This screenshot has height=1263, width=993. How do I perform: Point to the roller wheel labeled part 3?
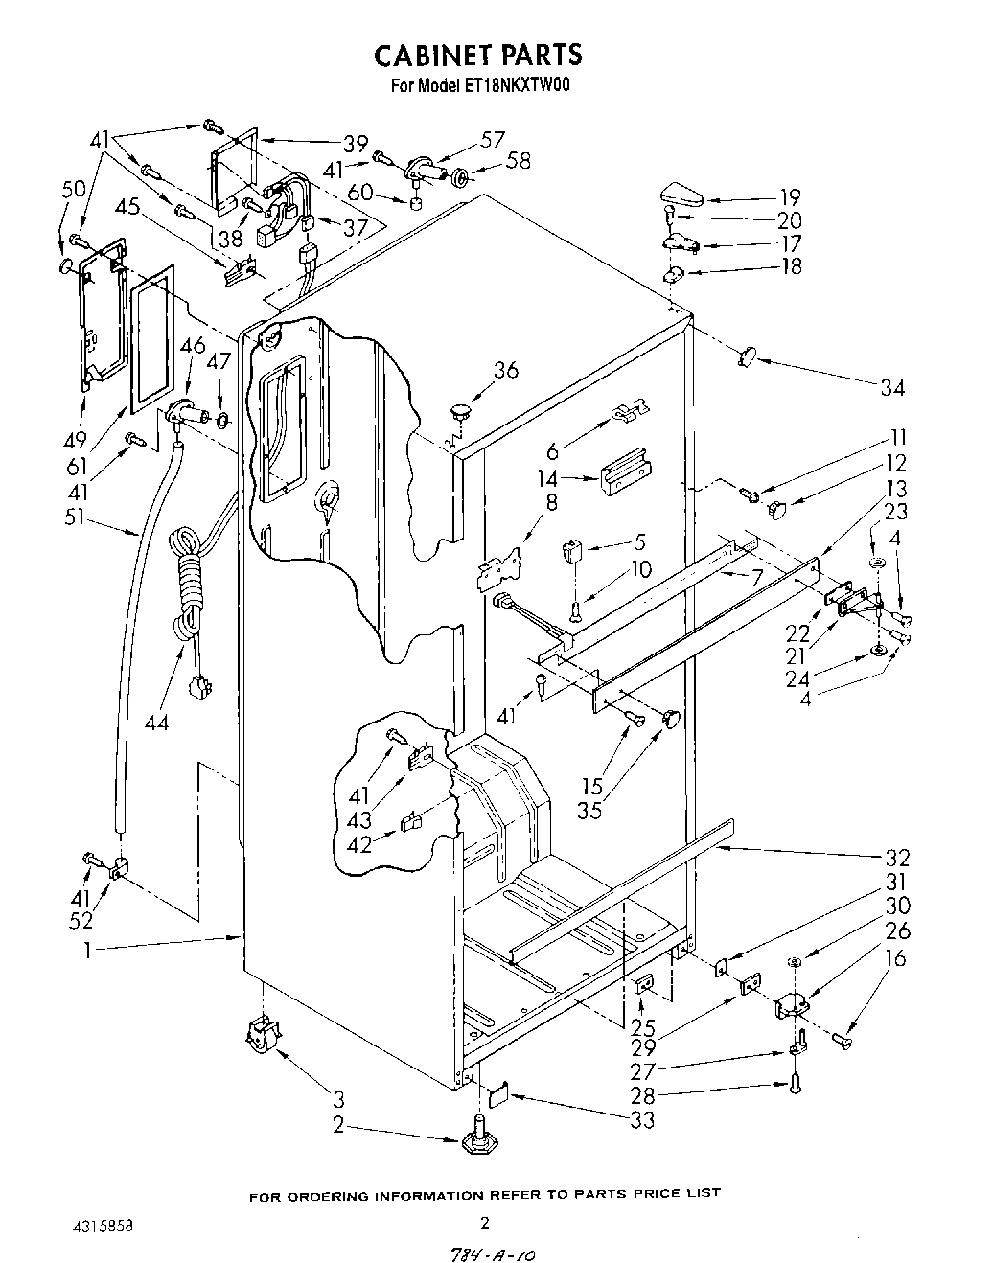pyautogui.click(x=262, y=1034)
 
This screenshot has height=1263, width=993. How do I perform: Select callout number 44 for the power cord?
pyautogui.click(x=156, y=722)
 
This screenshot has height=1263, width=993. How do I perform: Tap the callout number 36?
pyautogui.click(x=506, y=369)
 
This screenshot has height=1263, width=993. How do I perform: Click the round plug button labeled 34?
pyautogui.click(x=748, y=356)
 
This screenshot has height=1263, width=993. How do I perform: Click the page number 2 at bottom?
pyautogui.click(x=485, y=1221)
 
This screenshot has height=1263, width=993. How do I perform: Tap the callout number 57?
pyautogui.click(x=493, y=139)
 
